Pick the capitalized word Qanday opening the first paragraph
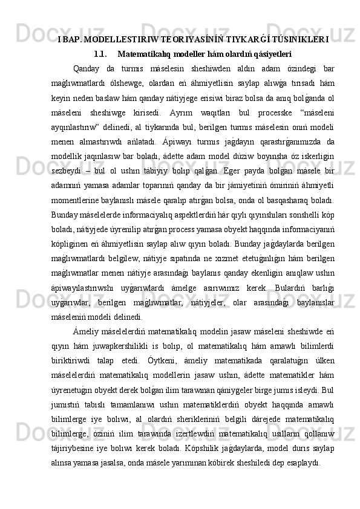point(83,68)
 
